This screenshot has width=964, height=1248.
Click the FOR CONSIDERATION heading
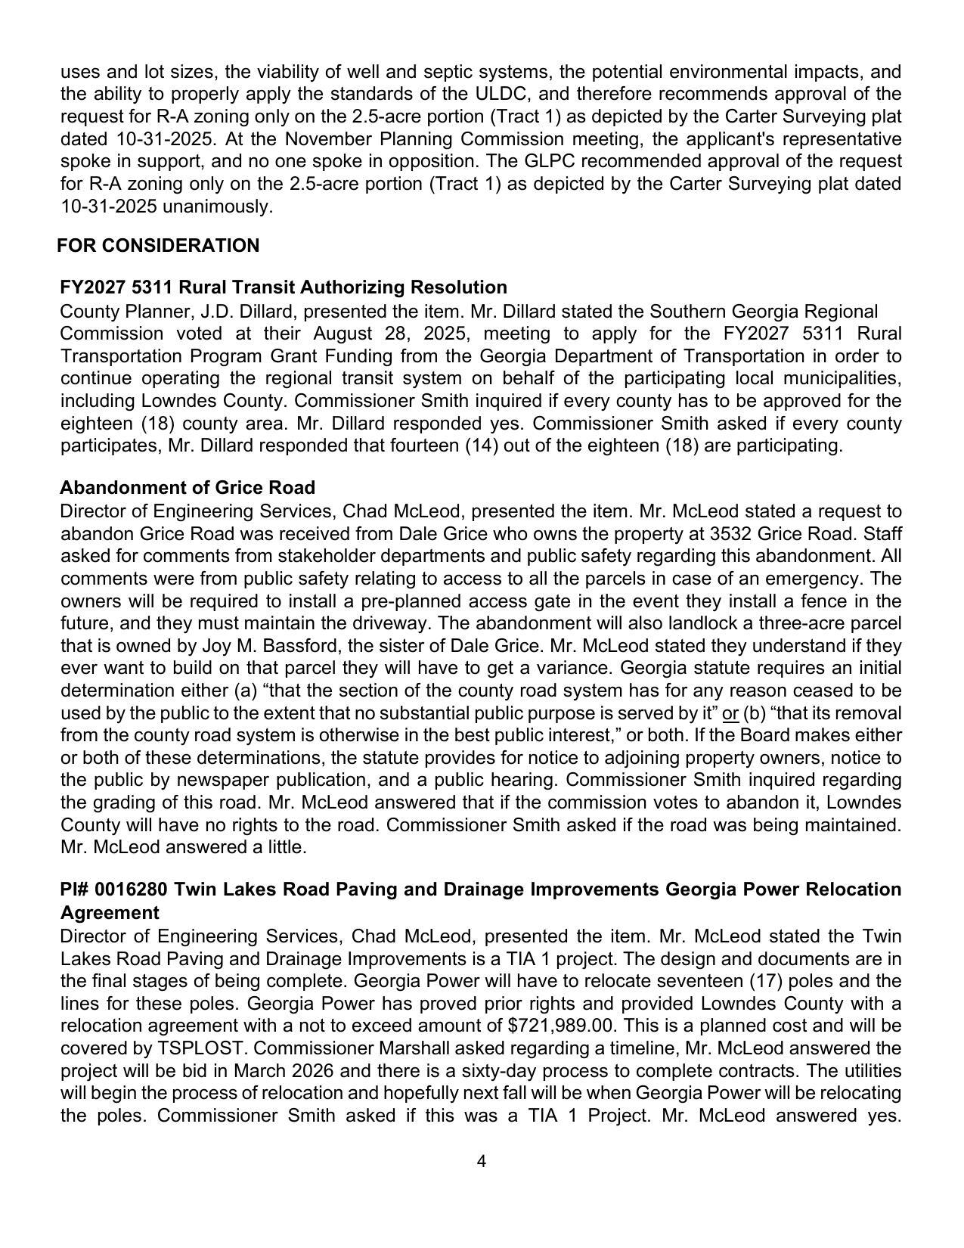coord(158,246)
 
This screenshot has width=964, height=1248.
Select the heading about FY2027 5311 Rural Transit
coord(284,287)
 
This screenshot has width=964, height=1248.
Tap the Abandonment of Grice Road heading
coord(188,488)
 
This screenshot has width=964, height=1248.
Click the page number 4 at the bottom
coord(482,1162)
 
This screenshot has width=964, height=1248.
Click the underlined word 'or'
coord(730,713)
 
